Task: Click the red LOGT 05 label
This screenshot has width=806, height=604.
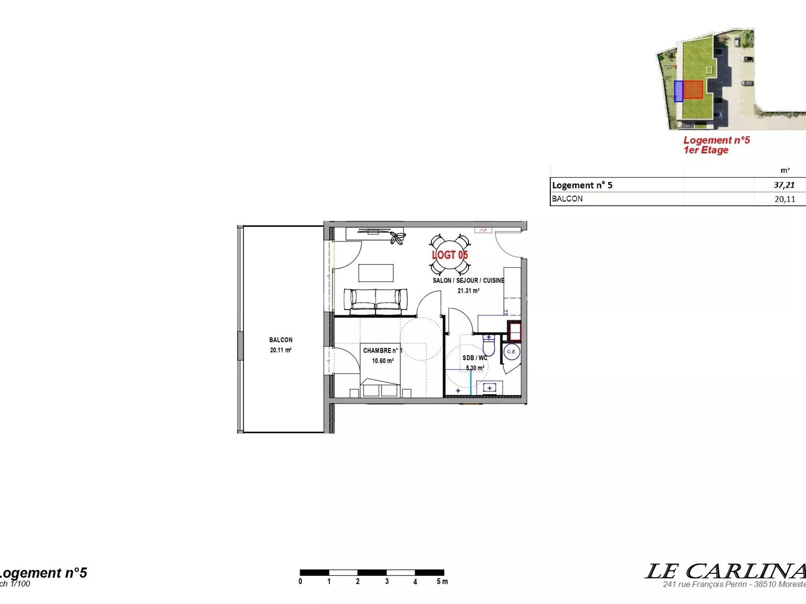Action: (450, 255)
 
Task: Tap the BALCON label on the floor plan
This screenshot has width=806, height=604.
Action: (281, 340)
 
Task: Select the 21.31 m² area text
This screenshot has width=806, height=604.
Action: (468, 291)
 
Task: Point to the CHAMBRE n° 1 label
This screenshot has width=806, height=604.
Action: (382, 351)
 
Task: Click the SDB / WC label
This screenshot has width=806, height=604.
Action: (475, 358)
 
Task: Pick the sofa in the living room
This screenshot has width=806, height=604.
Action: (375, 302)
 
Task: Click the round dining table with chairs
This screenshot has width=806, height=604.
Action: (450, 255)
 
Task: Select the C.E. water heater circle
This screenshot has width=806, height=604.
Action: (512, 352)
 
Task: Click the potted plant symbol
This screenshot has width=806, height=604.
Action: (397, 238)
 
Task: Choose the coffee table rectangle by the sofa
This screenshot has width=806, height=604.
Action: (376, 273)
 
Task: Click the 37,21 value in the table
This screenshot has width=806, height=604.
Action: (784, 185)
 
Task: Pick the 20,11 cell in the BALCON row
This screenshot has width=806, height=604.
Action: (785, 199)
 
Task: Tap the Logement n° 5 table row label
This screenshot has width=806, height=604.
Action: (582, 185)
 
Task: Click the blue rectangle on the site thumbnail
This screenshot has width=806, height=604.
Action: (678, 91)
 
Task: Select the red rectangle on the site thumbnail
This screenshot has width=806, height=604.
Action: (693, 89)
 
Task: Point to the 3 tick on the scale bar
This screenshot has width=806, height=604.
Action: (387, 581)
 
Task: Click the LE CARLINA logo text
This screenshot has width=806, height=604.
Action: (725, 571)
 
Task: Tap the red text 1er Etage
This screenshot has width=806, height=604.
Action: (706, 150)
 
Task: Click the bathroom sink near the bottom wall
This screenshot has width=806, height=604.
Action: (489, 388)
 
